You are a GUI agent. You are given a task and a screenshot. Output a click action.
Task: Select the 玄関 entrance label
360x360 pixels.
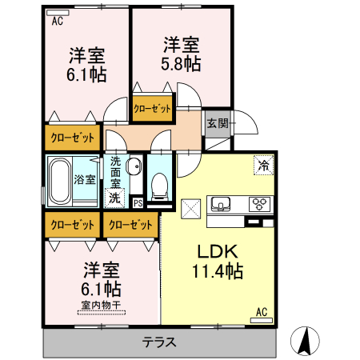[x=218, y=123]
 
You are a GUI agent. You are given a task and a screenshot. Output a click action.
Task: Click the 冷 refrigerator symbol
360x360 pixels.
[x=262, y=165]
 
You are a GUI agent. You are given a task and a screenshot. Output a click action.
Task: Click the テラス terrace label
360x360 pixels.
[x=160, y=342]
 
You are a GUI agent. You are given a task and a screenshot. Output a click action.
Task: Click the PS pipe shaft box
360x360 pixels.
[x=138, y=202]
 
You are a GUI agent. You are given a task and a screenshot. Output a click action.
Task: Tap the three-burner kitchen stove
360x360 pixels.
[x=260, y=202]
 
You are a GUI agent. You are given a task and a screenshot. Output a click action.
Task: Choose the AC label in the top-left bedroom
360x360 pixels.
[x=58, y=22]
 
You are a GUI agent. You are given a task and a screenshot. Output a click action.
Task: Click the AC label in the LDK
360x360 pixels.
[x=261, y=311]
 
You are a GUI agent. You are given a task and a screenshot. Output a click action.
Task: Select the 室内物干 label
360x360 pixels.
[x=101, y=304]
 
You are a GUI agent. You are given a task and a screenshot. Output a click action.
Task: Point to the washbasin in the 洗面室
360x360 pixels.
[x=134, y=168]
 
